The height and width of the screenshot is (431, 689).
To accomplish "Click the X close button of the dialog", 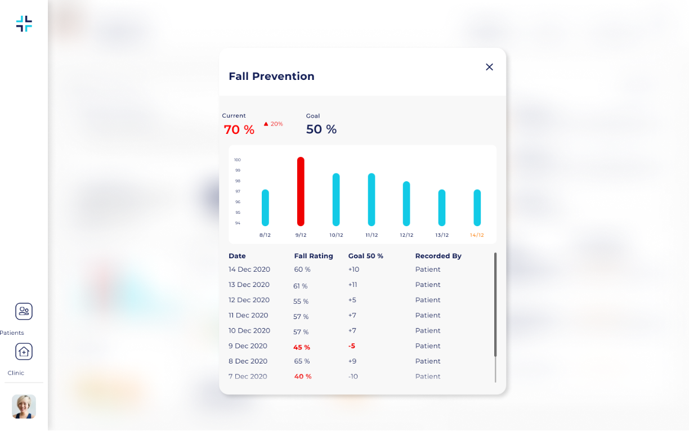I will click(489, 67).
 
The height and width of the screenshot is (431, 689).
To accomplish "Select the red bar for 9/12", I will click(301, 191).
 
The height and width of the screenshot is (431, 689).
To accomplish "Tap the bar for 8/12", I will click(265, 208).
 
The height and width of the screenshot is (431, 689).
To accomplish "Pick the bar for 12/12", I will click(406, 203).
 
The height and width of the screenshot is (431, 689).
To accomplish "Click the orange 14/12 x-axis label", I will click(477, 235).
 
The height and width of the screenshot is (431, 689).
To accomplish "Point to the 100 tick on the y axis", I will click(238, 160).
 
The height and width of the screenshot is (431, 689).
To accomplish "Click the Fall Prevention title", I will click(271, 77).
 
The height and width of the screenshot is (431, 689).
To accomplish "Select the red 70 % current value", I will click(239, 130).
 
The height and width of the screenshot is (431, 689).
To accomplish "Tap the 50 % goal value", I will click(321, 129).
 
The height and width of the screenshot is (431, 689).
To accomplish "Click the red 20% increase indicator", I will click(274, 124).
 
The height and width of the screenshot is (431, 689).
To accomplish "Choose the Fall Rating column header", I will click(314, 256).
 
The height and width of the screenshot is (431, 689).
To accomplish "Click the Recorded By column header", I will click(438, 256).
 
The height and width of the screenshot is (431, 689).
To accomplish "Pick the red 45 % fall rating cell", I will click(302, 347).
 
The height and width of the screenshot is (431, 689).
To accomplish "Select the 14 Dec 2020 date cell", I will click(249, 270).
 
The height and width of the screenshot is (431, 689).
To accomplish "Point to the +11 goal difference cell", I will click(353, 285).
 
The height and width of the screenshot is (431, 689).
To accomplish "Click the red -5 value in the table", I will click(352, 346).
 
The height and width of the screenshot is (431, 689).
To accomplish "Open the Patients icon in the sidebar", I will click(24, 311).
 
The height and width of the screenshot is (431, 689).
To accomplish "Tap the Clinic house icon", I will click(24, 352).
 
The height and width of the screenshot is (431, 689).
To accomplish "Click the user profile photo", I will click(24, 406).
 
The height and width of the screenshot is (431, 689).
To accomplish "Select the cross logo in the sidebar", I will click(24, 24).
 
